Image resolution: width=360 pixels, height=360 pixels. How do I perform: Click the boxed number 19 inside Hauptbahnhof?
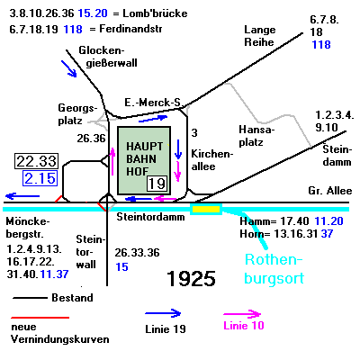pyautogui.click(x=157, y=184)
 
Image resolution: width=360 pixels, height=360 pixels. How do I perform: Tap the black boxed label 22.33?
pyautogui.click(x=36, y=161)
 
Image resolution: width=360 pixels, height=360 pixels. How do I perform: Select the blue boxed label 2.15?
pyautogui.click(x=40, y=178)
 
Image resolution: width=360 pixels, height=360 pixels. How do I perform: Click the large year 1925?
pyautogui.click(x=191, y=278)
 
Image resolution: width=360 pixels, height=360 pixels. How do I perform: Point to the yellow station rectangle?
pyautogui.click(x=206, y=209)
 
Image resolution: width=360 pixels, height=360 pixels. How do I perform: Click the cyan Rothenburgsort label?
pyautogui.click(x=274, y=268)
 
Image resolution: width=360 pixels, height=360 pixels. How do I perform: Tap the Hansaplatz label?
pyautogui.click(x=256, y=136)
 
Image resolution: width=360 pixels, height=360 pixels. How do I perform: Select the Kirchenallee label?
pyautogui.click(x=212, y=160)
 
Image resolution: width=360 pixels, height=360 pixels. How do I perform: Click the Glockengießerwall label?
pyautogui.click(x=108, y=57)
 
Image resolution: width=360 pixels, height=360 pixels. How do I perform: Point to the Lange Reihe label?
pyautogui.click(x=259, y=36)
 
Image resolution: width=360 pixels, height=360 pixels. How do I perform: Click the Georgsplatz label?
pyautogui.click(x=77, y=114)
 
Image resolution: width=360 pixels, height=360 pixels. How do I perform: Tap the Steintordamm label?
pyautogui.click(x=150, y=217)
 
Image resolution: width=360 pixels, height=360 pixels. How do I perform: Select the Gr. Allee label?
pyautogui.click(x=330, y=191)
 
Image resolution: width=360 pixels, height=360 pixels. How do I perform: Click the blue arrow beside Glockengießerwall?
pyautogui.click(x=69, y=68)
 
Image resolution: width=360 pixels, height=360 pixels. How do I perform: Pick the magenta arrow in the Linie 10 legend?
pyautogui.click(x=242, y=314)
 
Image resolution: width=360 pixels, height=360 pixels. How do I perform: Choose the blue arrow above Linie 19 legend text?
pyautogui.click(x=163, y=313)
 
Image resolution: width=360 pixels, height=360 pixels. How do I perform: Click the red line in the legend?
pyautogui.click(x=40, y=318)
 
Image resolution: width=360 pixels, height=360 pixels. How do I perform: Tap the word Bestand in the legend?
pyautogui.click(x=72, y=298)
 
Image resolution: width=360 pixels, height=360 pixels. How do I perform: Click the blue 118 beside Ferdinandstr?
pyautogui.click(x=73, y=30)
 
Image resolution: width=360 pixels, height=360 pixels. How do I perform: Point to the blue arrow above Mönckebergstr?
pyautogui.click(x=22, y=196)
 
